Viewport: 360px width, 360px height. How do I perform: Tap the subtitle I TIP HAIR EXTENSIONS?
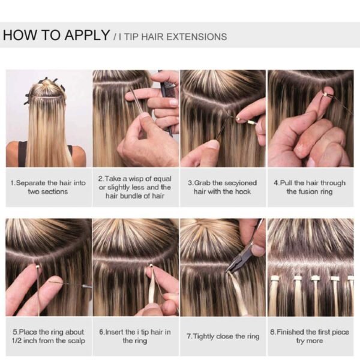click(x=170, y=37)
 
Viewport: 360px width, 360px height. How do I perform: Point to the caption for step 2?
click(x=135, y=187)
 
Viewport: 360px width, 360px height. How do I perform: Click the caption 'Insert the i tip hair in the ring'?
click(x=135, y=336)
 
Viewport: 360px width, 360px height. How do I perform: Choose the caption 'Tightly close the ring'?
click(x=222, y=336)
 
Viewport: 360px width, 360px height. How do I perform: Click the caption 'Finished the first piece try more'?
click(x=309, y=336)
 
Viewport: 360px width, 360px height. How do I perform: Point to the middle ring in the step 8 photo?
click(x=315, y=278)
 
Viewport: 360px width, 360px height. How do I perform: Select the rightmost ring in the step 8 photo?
click(x=350, y=278)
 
